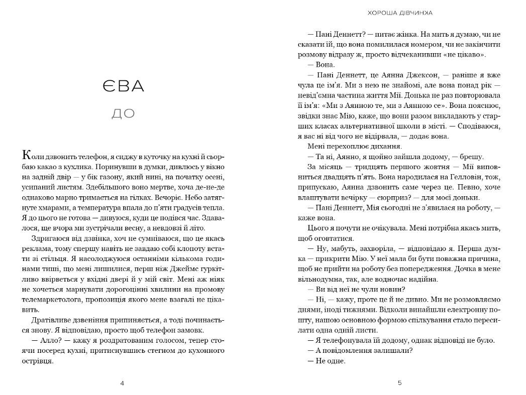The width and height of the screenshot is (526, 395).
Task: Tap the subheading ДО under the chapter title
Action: pos(123,114)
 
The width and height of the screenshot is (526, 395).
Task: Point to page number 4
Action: pos(123,383)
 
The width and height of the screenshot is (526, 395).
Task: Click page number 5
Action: pos(400,383)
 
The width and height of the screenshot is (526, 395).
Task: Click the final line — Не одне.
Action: pos(327,360)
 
